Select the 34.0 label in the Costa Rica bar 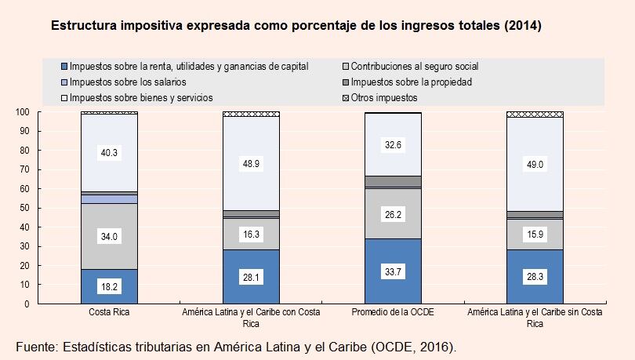(x=109, y=236)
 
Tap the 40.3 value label (x=109, y=154)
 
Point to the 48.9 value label (x=251, y=163)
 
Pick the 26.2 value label (x=393, y=213)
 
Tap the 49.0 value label (x=535, y=163)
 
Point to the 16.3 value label (x=251, y=234)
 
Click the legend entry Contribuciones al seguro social (x=415, y=67)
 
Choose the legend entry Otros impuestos (x=384, y=98)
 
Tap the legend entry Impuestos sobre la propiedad (x=412, y=82)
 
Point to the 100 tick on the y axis (x=23, y=112)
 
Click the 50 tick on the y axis (x=25, y=208)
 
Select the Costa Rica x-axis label (x=109, y=312)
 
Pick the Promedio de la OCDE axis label (x=393, y=312)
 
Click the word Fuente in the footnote (x=38, y=345)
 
